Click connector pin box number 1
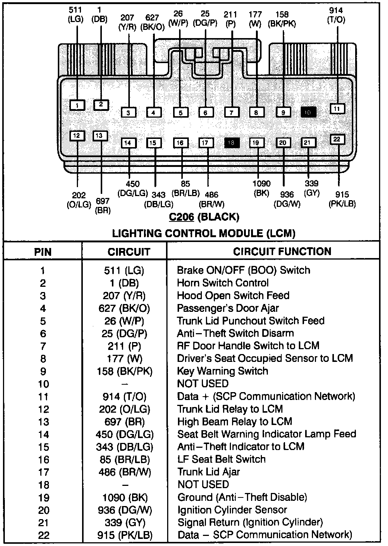[77, 105]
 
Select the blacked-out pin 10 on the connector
[308, 112]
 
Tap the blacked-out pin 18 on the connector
[231, 143]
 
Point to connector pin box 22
[337, 139]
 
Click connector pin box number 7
[231, 112]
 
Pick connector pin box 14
[128, 143]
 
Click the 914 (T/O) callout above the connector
[336, 15]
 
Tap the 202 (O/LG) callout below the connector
[79, 200]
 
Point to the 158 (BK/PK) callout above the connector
[282, 19]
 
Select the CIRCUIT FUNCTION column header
[282, 251]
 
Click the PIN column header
[43, 252]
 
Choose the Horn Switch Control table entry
[223, 283]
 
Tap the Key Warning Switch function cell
[222, 371]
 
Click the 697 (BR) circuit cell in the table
[125, 422]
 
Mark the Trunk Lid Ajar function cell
[208, 472]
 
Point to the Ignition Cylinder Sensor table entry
[232, 510]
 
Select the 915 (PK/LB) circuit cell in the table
[125, 535]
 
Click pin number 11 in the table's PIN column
[43, 397]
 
